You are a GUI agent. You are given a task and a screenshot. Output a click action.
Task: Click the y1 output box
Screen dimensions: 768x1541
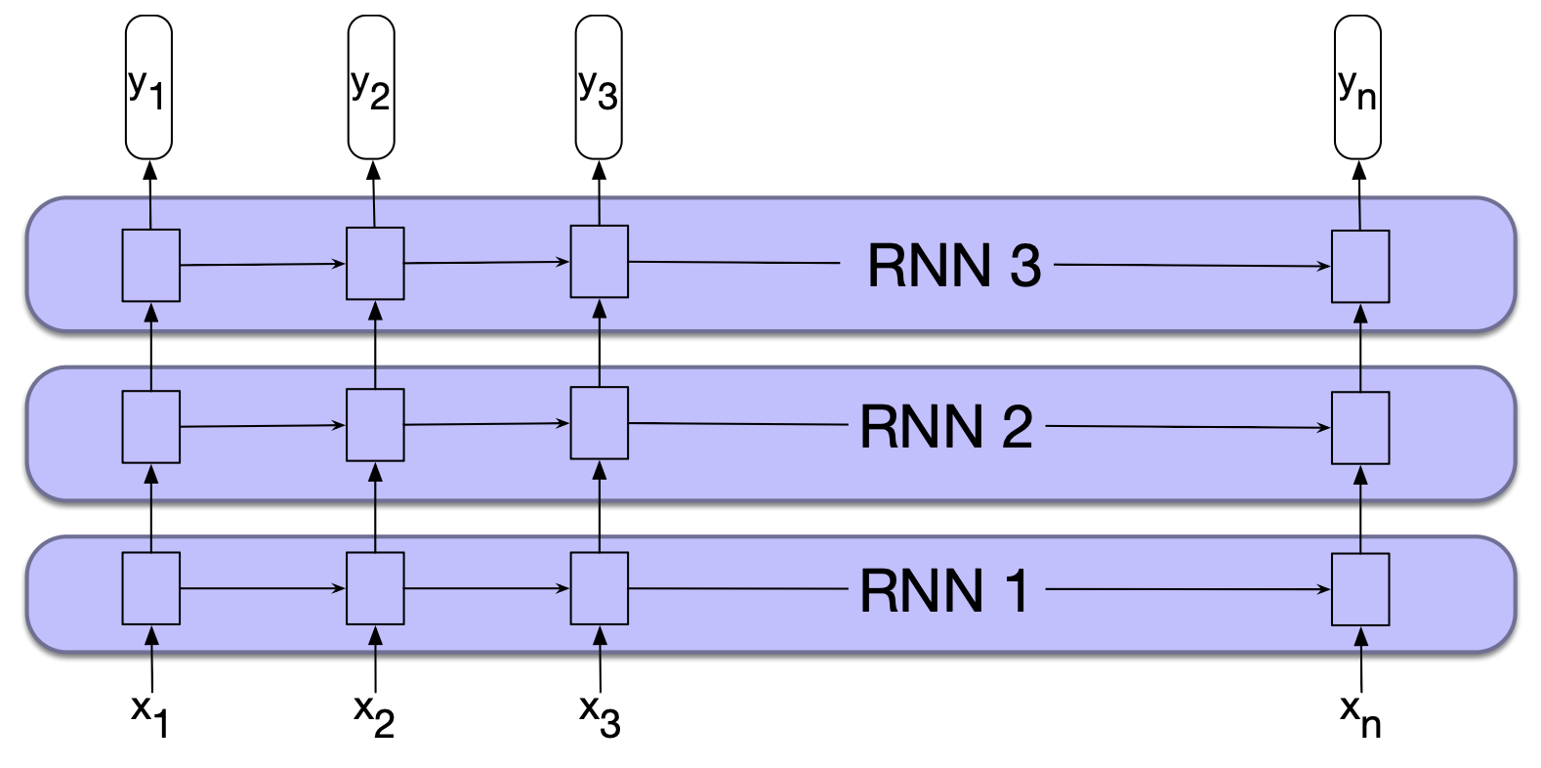pyautogui.click(x=148, y=87)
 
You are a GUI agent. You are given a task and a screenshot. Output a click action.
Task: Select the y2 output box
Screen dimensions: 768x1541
pyautogui.click(x=371, y=87)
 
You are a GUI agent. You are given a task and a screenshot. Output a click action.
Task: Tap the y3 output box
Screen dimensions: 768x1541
pyautogui.click(x=598, y=87)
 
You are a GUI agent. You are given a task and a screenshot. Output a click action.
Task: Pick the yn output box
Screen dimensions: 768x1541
pyautogui.click(x=1357, y=87)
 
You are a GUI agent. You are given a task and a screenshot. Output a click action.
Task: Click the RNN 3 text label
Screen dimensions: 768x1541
pyautogui.click(x=954, y=266)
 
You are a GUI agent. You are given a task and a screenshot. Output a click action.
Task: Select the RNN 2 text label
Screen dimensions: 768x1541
pyautogui.click(x=945, y=427)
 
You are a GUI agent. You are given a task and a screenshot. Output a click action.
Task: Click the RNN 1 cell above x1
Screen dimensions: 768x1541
pyautogui.click(x=150, y=588)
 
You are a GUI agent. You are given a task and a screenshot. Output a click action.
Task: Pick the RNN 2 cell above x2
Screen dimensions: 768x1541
pyautogui.click(x=375, y=425)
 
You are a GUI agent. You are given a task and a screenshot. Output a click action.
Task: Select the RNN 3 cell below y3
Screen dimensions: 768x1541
pyautogui.click(x=599, y=262)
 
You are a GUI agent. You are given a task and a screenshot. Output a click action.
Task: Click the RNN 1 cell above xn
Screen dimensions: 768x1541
pyautogui.click(x=1360, y=589)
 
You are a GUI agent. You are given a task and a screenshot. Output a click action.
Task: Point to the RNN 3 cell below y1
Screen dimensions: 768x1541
pyautogui.click(x=150, y=265)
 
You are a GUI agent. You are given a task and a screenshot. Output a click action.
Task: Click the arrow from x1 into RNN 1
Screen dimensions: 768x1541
pyautogui.click(x=151, y=660)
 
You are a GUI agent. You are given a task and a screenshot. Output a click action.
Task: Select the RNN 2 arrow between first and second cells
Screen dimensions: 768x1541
pyautogui.click(x=263, y=426)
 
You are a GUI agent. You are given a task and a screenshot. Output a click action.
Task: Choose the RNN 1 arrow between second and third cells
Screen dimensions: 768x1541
pyautogui.click(x=486, y=588)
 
